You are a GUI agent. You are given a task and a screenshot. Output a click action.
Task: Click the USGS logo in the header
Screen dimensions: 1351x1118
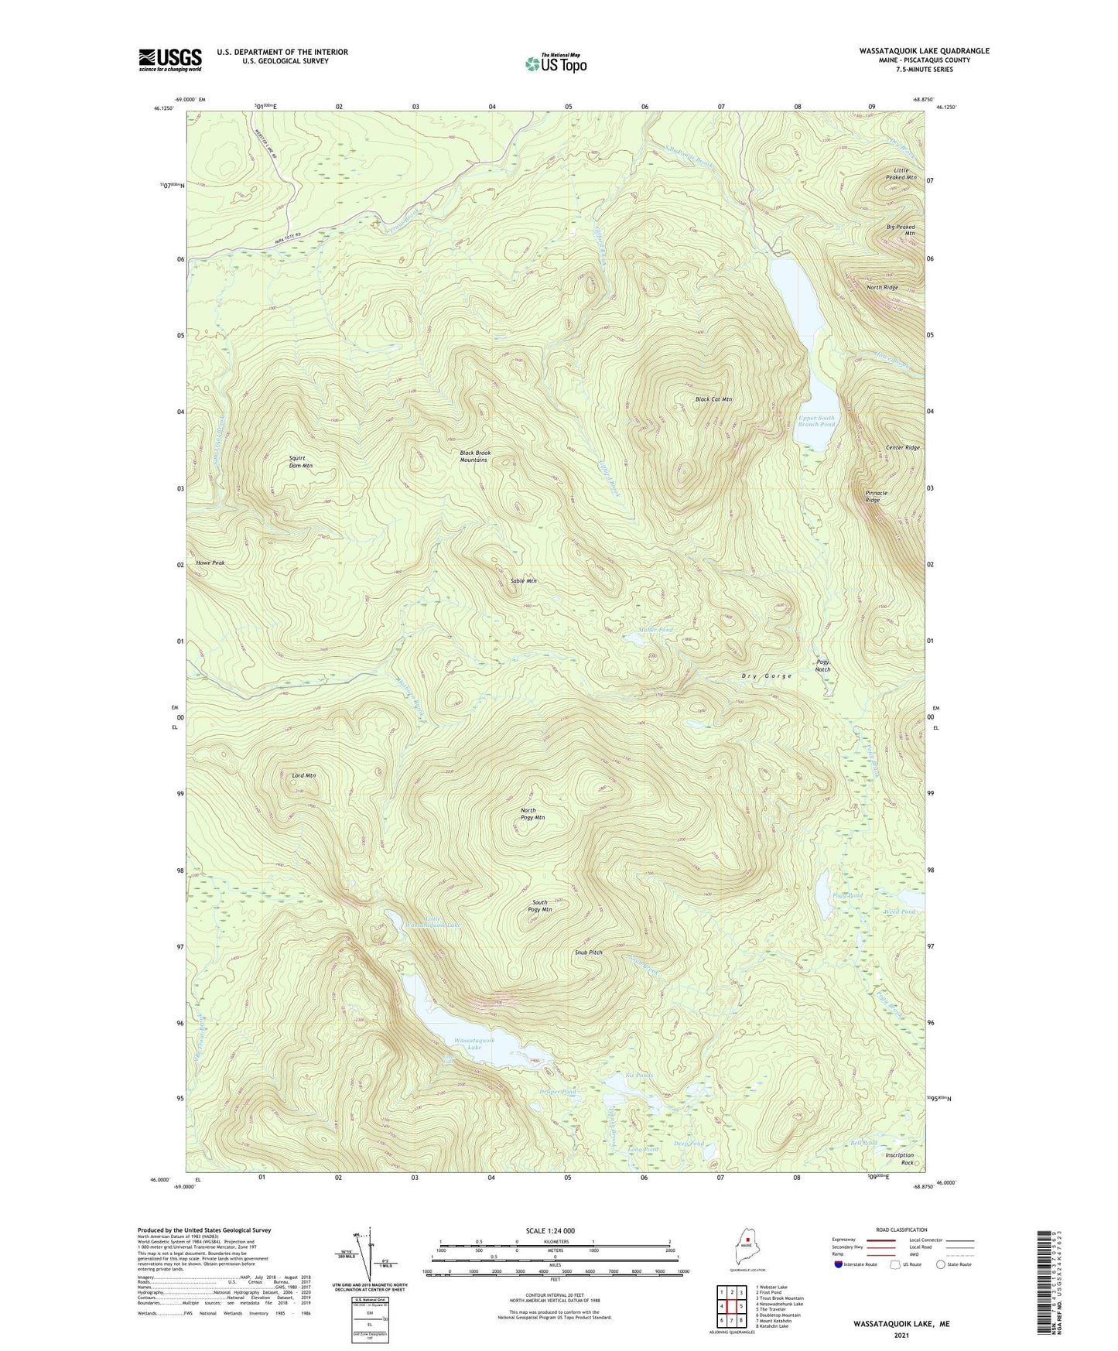click(x=170, y=60)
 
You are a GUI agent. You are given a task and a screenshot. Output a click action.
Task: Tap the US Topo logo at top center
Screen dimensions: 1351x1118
click(x=556, y=63)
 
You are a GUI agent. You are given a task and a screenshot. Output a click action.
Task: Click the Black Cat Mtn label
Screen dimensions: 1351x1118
click(x=713, y=400)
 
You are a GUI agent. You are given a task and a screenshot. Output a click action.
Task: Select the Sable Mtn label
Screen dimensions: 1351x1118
click(x=523, y=581)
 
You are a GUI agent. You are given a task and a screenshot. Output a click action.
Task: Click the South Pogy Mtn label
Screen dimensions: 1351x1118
click(x=542, y=906)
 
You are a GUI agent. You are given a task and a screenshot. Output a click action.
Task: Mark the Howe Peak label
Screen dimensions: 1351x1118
click(x=210, y=563)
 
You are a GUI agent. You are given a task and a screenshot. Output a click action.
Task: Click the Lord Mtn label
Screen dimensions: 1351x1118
click(x=304, y=775)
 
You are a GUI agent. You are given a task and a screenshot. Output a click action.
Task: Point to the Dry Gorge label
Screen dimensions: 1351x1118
click(x=767, y=675)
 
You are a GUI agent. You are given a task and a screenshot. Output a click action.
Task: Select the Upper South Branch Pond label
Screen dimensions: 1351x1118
click(x=817, y=421)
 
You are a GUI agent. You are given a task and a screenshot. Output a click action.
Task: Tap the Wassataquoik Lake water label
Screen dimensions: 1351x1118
click(x=474, y=1044)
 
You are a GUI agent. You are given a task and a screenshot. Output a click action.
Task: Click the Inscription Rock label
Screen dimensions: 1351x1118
click(x=900, y=1158)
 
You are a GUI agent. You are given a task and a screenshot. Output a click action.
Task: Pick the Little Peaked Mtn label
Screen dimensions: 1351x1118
click(x=901, y=173)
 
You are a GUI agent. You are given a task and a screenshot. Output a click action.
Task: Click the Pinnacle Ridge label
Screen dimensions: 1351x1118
click(x=876, y=496)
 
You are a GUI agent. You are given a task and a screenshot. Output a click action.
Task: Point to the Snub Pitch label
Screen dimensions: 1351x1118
click(x=588, y=953)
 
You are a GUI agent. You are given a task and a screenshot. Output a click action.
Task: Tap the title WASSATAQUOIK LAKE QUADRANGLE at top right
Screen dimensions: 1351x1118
click(x=924, y=51)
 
